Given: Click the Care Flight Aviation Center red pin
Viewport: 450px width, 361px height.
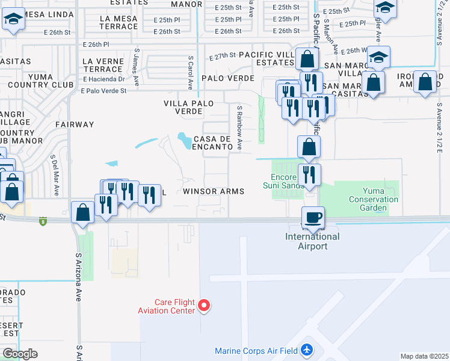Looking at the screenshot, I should point(204,306).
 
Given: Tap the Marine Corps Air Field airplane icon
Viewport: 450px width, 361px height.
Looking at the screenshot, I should point(307,350).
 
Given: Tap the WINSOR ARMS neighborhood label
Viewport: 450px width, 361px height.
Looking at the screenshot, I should point(213,191).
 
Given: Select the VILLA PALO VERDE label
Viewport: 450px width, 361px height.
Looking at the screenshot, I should point(188,107).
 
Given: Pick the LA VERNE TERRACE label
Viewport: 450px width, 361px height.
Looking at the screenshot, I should point(103,66).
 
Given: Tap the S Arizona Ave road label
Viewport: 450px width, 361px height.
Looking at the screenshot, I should point(78,277).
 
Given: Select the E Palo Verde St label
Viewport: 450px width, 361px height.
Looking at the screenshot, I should point(104,91).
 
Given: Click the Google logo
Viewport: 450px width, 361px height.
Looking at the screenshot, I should point(20,354).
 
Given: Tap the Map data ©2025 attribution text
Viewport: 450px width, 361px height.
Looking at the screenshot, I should point(424,356).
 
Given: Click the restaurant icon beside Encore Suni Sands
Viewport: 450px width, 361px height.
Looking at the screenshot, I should point(309,174).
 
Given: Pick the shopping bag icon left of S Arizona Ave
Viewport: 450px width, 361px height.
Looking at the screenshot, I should point(82,212).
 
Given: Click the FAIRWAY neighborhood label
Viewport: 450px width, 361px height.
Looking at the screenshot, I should point(75,125).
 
